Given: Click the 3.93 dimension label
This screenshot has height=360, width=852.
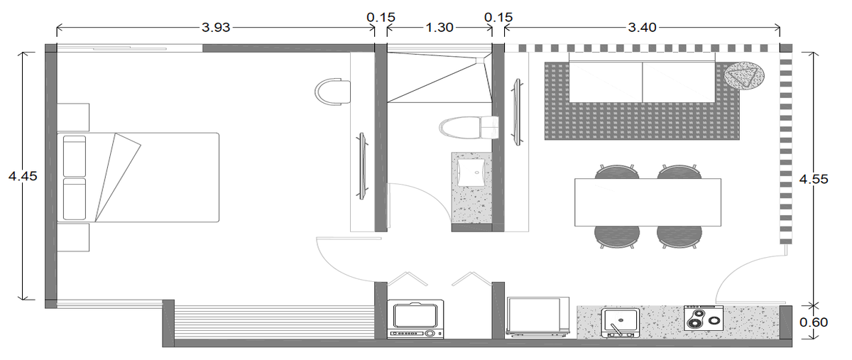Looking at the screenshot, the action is (216, 28).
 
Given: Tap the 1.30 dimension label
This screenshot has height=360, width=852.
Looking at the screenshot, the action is (439, 28).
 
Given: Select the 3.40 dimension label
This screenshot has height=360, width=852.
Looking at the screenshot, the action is (642, 28).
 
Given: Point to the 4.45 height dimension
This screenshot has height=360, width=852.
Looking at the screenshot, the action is (23, 176).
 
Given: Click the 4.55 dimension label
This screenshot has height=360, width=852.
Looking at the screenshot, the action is (814, 179).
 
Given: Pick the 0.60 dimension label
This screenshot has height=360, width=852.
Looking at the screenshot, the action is (814, 322).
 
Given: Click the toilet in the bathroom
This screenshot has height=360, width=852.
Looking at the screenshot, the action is (469, 128).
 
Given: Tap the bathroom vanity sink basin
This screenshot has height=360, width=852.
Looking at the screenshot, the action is (471, 173).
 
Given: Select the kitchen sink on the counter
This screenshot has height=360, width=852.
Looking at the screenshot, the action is (620, 322).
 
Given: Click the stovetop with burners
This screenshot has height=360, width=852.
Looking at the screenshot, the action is (704, 318).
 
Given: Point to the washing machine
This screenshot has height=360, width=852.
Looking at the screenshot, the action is (415, 319).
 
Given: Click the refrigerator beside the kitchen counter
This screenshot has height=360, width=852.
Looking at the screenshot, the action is (538, 317).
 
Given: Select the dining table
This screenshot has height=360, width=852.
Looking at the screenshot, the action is (648, 202).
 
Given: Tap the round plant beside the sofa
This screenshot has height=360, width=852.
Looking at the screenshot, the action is (744, 76).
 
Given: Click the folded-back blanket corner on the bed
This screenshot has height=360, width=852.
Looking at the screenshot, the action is (118, 177).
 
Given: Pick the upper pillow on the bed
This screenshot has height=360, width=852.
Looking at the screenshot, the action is (75, 156).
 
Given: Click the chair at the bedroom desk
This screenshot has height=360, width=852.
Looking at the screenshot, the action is (333, 92).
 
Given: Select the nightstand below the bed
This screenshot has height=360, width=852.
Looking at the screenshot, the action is (73, 237).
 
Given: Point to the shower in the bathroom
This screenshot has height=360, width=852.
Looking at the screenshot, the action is (439, 77).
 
